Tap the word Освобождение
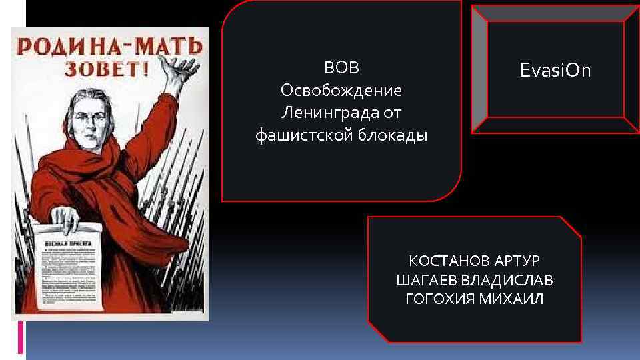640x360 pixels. click(x=341, y=90)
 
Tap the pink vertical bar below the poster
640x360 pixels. click(x=21, y=337)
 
